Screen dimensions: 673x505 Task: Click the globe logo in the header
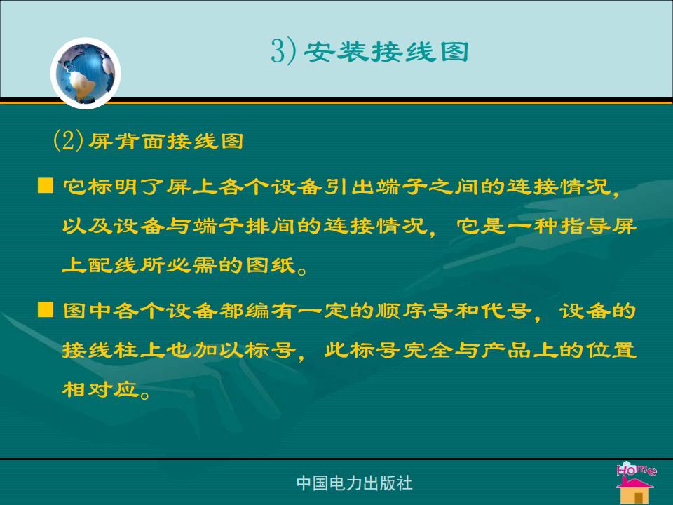[86, 73]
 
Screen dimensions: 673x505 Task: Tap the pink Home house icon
[636, 482]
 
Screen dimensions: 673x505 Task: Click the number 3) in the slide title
[284, 51]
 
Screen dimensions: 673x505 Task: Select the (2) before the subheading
[68, 140]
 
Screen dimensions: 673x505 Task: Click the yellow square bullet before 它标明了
[46, 186]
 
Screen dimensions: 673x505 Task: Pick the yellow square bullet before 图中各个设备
[46, 309]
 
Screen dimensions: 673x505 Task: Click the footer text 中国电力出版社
[355, 483]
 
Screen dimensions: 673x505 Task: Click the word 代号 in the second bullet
[505, 311]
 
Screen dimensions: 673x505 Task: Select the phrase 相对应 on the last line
[100, 389]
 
